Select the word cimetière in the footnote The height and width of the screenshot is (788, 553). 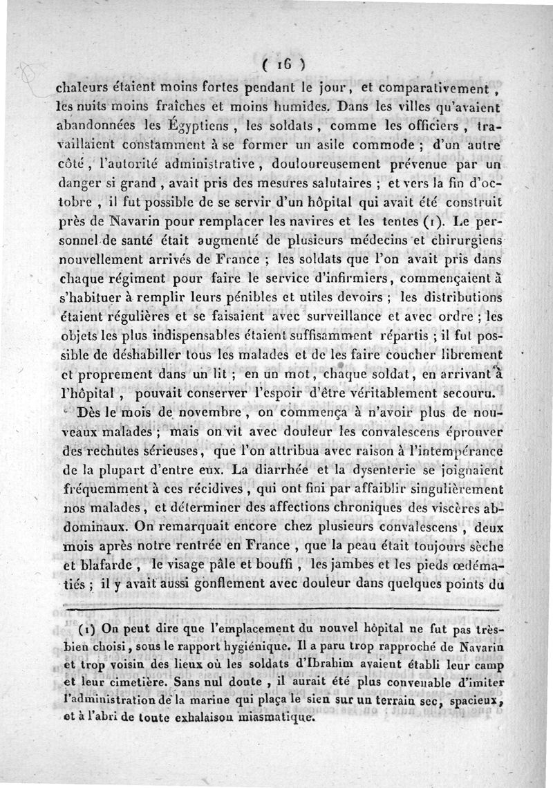[x=140, y=683]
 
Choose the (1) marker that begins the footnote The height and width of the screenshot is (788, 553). [x=88, y=630]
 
